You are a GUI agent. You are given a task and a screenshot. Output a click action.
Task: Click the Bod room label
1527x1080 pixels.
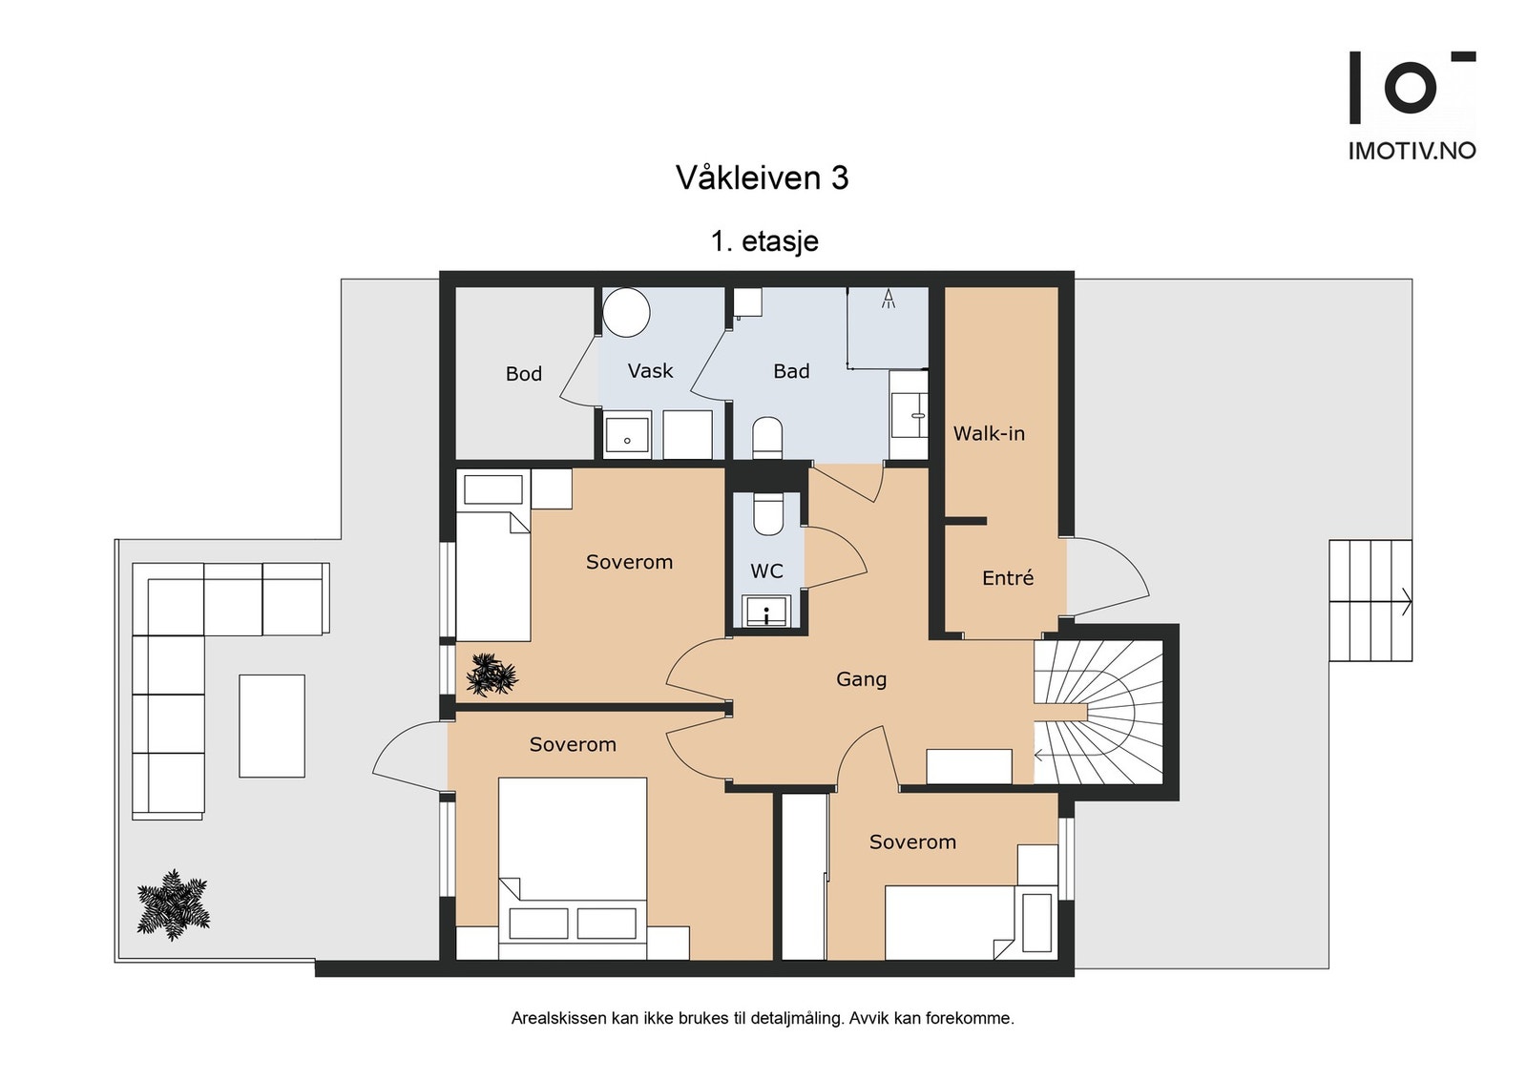click(x=524, y=373)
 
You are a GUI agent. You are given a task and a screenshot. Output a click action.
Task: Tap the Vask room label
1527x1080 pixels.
click(x=650, y=371)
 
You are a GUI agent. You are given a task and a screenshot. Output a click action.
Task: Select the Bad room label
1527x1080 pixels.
click(x=791, y=371)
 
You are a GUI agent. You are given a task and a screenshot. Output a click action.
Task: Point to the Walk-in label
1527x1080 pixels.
click(x=989, y=433)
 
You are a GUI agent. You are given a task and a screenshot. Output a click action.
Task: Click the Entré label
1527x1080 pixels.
click(x=1008, y=578)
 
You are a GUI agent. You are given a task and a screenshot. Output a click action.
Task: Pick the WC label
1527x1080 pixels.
click(x=767, y=571)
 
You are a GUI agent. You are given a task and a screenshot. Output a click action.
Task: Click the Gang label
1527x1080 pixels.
click(x=862, y=679)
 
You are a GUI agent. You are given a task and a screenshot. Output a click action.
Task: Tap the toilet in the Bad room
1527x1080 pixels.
click(x=767, y=438)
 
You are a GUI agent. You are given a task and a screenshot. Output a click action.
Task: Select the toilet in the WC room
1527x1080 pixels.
click(x=767, y=514)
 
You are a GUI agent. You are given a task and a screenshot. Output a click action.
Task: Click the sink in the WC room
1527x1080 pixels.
click(x=767, y=612)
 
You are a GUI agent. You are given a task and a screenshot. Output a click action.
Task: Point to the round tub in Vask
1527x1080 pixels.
click(x=626, y=312)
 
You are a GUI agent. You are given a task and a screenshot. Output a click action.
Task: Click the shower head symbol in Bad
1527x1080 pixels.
click(x=888, y=299)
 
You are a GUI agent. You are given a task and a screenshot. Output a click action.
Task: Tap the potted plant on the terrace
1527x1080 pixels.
click(x=173, y=904)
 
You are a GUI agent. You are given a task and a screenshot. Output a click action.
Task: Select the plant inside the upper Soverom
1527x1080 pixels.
click(x=492, y=675)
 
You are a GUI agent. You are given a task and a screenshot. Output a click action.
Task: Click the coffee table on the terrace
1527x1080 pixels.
click(x=271, y=726)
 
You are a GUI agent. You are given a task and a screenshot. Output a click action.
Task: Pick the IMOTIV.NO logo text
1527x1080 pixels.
click(x=1412, y=151)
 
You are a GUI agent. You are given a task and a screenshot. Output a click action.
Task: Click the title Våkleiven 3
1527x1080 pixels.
click(x=763, y=177)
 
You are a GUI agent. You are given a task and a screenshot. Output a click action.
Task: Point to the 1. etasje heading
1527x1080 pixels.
click(x=764, y=241)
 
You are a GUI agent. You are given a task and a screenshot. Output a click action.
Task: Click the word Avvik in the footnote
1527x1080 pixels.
click(x=868, y=1019)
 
